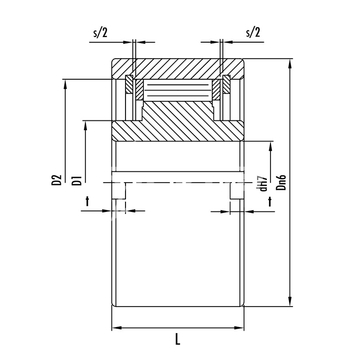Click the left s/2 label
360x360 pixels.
point(100,33)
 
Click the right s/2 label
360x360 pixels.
point(253,32)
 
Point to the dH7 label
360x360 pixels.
point(263,183)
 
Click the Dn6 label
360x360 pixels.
point(281,182)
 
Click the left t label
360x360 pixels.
point(87,202)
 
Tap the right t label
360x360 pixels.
point(270,202)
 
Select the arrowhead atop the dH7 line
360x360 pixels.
point(271,146)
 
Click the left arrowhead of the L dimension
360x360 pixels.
point(117,328)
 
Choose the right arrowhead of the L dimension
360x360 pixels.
point(239,328)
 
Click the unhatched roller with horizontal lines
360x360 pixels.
point(178,90)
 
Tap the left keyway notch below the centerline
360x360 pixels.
point(119,191)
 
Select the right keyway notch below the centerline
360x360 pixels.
point(237,191)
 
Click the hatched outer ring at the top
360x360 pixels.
point(178,68)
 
